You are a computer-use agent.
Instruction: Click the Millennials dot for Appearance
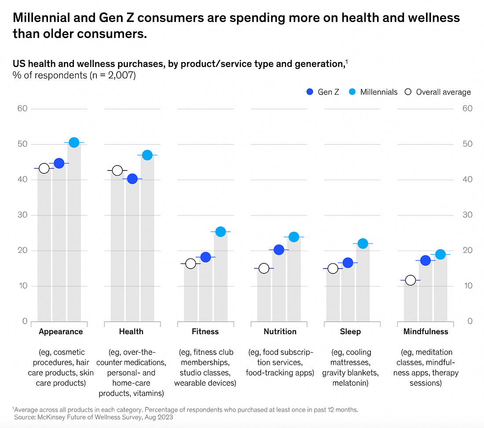[x=74, y=143]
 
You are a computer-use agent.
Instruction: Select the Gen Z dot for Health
[x=132, y=179]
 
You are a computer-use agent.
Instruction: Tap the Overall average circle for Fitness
[x=191, y=264]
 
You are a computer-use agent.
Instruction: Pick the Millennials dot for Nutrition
[x=294, y=237]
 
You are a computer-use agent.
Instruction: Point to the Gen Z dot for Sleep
[x=348, y=263]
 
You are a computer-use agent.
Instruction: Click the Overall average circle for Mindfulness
[x=411, y=280]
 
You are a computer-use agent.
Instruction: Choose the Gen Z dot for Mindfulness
[x=425, y=261]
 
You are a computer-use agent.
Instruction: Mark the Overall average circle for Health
[x=117, y=170]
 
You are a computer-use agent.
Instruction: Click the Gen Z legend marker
[x=310, y=92]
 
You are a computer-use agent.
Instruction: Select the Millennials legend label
[x=378, y=92]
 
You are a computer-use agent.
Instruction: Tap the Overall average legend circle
[x=408, y=92]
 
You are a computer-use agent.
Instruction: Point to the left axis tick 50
[x=22, y=144]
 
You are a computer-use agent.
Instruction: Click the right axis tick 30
[x=468, y=215]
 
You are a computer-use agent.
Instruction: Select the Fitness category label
[x=205, y=332]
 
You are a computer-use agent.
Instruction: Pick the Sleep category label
[x=350, y=332]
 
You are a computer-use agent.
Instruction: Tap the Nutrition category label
[x=280, y=332]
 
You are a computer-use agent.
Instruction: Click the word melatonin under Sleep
[x=350, y=384]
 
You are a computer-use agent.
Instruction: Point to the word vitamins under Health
[x=149, y=393]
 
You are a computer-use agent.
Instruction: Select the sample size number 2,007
[x=120, y=75]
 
